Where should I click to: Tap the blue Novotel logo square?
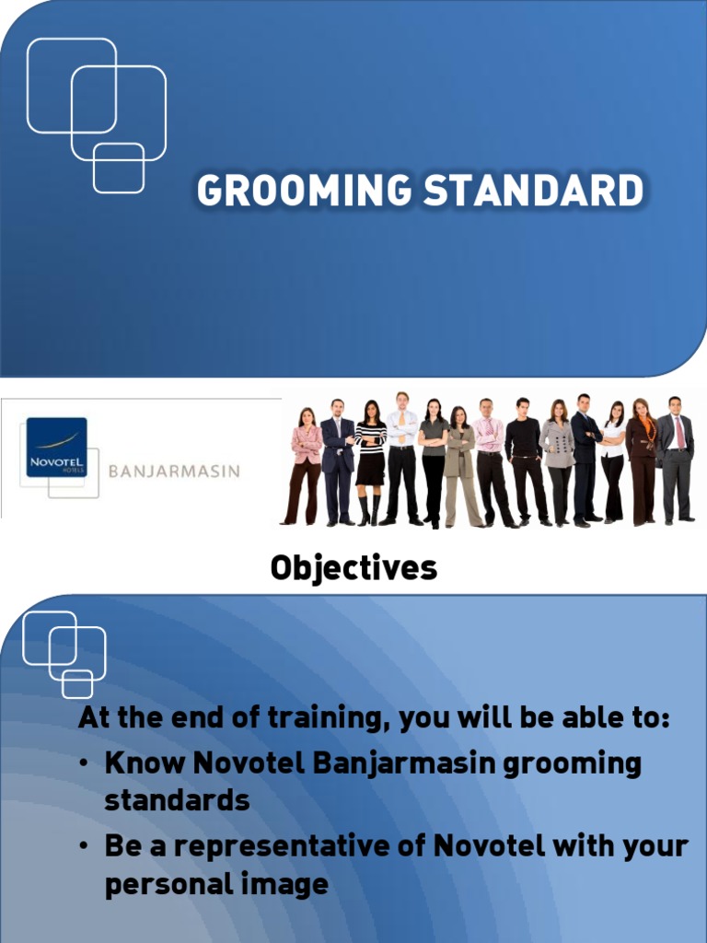[x=56, y=447]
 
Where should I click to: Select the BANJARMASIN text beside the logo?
[x=174, y=471]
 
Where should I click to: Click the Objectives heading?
[x=353, y=568]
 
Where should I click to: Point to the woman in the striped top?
[x=370, y=451]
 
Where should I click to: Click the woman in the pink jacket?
[x=307, y=451]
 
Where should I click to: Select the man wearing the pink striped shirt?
[x=489, y=442]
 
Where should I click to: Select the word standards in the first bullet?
[x=177, y=800]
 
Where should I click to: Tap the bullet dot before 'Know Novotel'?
[x=85, y=764]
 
